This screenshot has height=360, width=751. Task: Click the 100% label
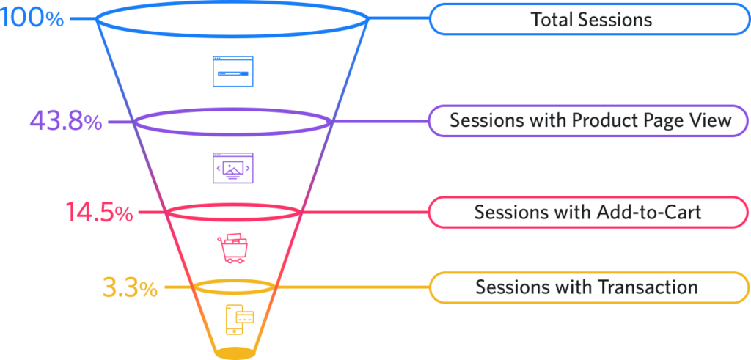coord(32,18)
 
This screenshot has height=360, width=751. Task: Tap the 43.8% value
coord(66,122)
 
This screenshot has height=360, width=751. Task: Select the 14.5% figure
coord(99,212)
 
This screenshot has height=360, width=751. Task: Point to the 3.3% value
coord(131,287)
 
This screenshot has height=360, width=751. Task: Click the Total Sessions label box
coord(590,19)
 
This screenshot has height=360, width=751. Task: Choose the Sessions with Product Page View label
coord(590,121)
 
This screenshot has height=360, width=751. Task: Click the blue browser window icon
coord(232,71)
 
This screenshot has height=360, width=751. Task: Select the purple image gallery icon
coord(232,168)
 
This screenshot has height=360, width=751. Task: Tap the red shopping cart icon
coord(232,248)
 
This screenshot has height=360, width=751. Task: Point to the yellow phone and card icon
coord(240,320)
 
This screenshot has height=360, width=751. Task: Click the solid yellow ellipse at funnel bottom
coord(235,353)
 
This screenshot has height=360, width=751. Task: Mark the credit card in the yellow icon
coord(245,317)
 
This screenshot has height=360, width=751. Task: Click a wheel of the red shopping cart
coord(229,260)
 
